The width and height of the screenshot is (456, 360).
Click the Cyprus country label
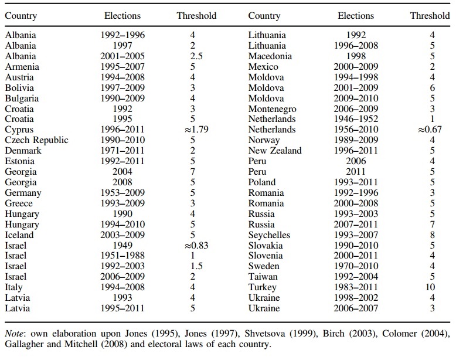coord(19,130)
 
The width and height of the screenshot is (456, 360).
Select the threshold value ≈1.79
coord(196,129)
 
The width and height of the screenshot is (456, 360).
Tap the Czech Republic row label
coord(37,140)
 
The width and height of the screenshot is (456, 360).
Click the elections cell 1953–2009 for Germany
coord(122,193)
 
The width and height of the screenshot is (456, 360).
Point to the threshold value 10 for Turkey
coord(430,287)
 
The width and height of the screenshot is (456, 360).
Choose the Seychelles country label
coord(269,235)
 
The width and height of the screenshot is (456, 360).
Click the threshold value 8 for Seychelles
coord(433,235)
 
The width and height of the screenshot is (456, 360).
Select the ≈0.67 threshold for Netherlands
coord(430,129)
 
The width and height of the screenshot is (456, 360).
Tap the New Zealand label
coord(275,151)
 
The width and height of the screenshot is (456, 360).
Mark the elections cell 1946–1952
coord(356,119)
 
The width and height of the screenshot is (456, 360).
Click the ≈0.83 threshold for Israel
coord(196,245)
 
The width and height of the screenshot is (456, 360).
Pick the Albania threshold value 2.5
coord(196,56)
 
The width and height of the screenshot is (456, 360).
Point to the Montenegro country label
coord(272,109)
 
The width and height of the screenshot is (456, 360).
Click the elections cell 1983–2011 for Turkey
coord(356,287)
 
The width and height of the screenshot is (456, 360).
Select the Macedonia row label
coord(270,56)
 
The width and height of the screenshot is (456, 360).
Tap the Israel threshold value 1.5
coord(196,266)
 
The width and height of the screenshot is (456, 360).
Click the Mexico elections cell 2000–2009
coord(356,67)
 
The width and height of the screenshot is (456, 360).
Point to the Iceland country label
coord(19,235)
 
